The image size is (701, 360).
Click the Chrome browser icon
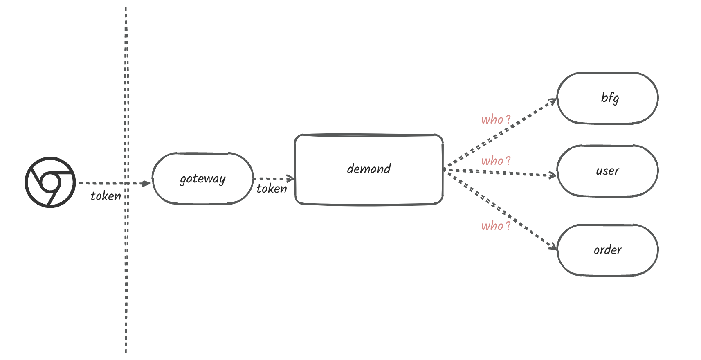tap(50, 182)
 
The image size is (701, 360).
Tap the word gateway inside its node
tap(202, 179)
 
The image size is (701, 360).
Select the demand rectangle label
tap(368, 169)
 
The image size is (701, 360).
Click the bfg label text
tap(609, 98)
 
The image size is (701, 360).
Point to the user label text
tap(607, 171)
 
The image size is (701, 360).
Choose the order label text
tap(607, 250)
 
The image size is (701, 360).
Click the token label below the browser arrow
tap(106, 196)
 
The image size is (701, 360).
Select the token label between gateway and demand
tap(272, 189)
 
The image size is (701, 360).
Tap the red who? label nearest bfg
tap(496, 119)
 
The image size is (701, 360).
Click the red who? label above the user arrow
tap(496, 161)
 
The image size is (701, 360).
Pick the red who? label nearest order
tap(496, 226)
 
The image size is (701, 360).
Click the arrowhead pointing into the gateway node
tap(146, 184)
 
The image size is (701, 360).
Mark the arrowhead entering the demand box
tap(291, 179)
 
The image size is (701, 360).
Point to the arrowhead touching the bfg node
tap(553, 101)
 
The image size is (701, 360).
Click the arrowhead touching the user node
tap(553, 175)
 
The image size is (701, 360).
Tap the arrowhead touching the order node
tap(553, 246)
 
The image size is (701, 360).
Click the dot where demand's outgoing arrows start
tap(445, 169)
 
